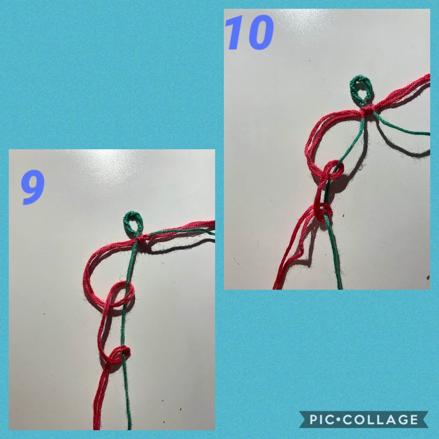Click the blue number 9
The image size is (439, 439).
pos(32,188)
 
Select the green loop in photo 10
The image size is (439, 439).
pos(361,89)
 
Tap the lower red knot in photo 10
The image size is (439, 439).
pos(323,212)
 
